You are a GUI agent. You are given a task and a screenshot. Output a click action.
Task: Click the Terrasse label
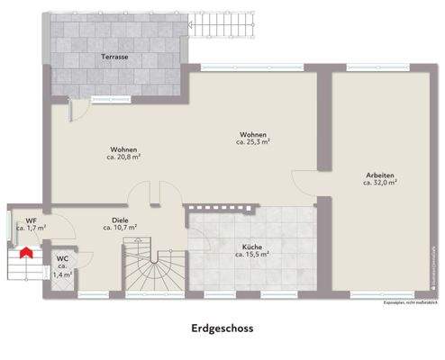(114, 56)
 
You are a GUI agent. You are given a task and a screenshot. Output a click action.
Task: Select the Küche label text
(252, 247)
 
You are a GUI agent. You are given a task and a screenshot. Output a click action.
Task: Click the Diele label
(120, 220)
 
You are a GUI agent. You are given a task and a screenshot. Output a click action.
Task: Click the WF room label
(31, 220)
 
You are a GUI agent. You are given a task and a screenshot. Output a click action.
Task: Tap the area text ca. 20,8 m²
(124, 157)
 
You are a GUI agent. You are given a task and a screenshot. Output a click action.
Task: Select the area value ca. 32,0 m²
(380, 183)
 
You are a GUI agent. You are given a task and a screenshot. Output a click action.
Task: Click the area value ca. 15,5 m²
(252, 255)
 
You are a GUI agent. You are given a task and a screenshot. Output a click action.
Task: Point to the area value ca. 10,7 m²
(120, 228)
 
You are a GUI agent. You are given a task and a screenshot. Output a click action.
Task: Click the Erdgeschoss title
(222, 329)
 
